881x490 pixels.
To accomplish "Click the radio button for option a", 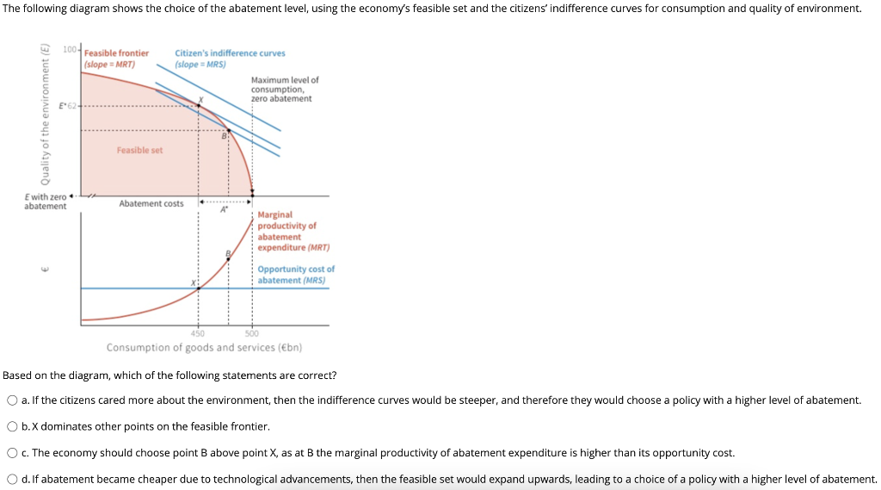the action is tap(12, 400).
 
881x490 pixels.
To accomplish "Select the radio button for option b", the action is tap(12, 426).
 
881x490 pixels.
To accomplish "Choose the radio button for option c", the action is tap(12, 453).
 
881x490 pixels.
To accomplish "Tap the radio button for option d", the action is tap(12, 480).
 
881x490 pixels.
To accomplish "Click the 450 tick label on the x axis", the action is tap(198, 333).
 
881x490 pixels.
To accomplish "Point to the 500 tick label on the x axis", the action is tap(252, 333).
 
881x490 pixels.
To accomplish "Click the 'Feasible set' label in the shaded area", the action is tap(139, 150).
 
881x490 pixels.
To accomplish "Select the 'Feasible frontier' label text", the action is tap(116, 53).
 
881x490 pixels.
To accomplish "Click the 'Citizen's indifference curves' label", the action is tap(230, 53).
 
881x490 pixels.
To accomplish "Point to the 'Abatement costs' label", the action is tap(151, 204).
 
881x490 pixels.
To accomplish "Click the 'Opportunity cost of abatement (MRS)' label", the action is tap(295, 275).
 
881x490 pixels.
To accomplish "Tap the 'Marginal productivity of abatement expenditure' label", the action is tap(287, 231).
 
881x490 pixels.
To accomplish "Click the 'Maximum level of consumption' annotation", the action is tap(285, 89).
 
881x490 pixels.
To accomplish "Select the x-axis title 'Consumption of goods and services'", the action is tap(204, 347).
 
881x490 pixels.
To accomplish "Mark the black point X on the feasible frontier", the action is tap(199, 105).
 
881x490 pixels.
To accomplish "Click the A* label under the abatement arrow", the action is tap(224, 209).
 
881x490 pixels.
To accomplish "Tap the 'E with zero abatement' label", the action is tap(45, 202).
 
